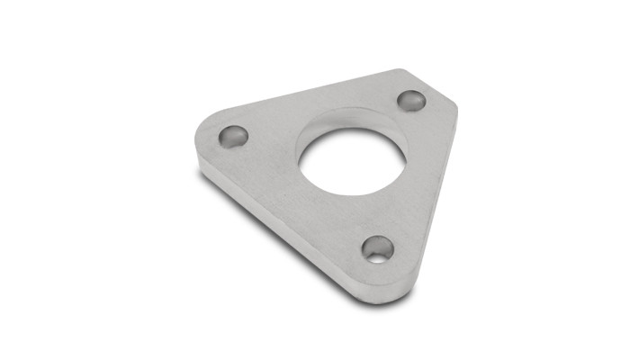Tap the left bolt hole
[x=233, y=137]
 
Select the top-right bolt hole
[x=411, y=100]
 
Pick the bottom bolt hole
[x=378, y=248]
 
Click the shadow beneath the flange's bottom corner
[x=382, y=303]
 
